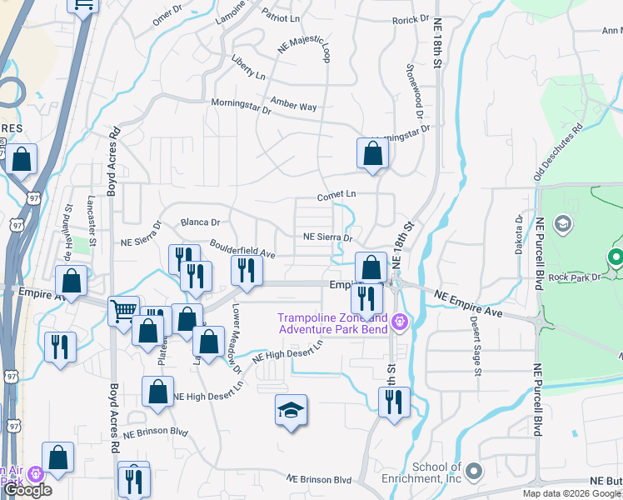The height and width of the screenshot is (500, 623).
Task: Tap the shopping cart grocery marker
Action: click(123, 311)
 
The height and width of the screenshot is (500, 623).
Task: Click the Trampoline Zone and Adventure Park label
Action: click(332, 324)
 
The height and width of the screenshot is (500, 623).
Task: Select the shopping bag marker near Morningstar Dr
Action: click(372, 153)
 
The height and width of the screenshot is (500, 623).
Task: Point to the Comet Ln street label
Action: click(336, 195)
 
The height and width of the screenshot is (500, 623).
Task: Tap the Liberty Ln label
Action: click(247, 68)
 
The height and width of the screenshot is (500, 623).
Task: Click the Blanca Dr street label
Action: click(200, 222)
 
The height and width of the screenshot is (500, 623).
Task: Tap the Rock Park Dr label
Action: click(574, 277)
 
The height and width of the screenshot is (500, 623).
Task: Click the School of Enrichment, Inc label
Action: click(437, 472)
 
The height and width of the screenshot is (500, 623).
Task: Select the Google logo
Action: click(27, 489)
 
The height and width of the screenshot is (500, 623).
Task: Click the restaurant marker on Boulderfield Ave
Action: click(247, 269)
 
